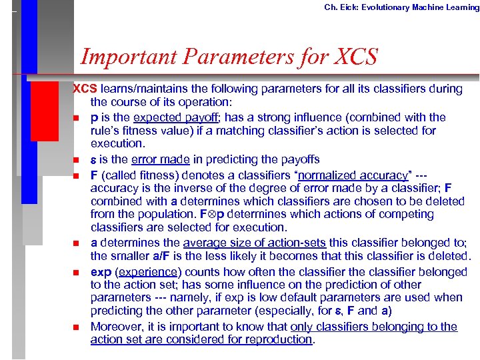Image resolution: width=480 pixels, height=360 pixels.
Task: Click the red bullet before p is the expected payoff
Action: pyautogui.click(x=77, y=118)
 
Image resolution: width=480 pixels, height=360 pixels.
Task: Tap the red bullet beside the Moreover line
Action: pyautogui.click(x=77, y=327)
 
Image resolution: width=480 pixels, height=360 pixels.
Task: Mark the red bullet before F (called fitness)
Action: pyautogui.click(x=77, y=176)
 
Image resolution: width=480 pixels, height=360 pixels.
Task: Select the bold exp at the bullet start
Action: pyautogui.click(x=101, y=272)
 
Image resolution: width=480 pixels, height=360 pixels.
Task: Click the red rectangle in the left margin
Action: pyautogui.click(x=44, y=109)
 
